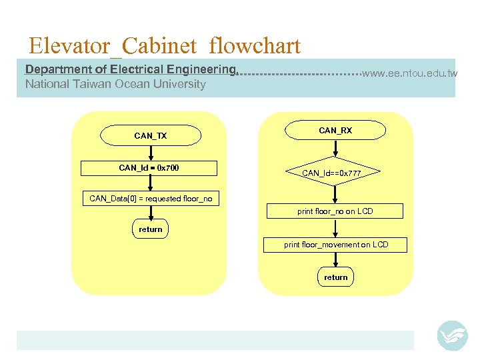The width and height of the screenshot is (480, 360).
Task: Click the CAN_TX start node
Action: click(x=150, y=135)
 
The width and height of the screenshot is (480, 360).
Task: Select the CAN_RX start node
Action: click(x=335, y=131)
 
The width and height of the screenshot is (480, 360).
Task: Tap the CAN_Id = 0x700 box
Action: click(x=149, y=168)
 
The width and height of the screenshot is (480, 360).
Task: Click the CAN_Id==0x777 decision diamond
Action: click(x=331, y=173)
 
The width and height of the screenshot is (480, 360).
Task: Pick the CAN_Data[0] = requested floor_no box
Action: click(x=151, y=199)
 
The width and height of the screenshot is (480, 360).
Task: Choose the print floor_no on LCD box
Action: click(x=335, y=211)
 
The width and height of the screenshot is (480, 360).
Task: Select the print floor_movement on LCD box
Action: click(x=335, y=245)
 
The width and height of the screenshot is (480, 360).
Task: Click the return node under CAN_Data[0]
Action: click(x=150, y=229)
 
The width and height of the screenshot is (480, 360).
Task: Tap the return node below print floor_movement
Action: click(x=335, y=277)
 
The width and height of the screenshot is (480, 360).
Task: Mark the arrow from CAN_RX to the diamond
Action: click(x=335, y=150)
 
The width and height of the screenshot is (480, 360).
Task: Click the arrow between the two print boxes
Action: click(x=335, y=228)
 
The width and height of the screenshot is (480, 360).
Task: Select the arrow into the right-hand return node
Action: click(x=335, y=261)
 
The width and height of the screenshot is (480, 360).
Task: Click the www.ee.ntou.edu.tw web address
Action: click(x=409, y=73)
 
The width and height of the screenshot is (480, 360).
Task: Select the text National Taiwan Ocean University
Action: click(x=115, y=84)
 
